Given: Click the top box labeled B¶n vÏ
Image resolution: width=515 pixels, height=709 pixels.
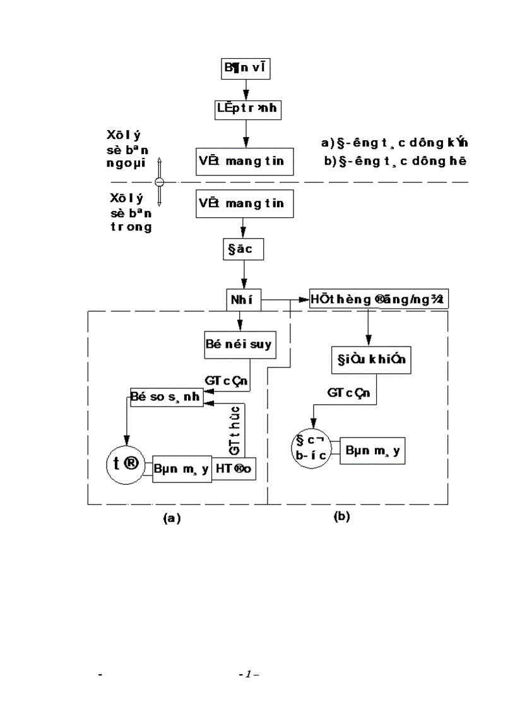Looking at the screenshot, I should (246, 69).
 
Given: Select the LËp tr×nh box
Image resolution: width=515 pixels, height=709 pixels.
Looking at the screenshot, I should (245, 109).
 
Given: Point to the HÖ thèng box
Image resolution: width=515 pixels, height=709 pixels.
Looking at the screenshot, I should (379, 299).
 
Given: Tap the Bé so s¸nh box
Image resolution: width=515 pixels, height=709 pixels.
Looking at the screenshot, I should (168, 395).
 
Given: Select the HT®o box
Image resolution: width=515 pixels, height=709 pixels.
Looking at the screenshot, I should (234, 470).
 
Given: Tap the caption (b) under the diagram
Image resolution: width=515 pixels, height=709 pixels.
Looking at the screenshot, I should (341, 516).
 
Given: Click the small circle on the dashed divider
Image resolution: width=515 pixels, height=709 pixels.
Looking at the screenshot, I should (160, 182).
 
